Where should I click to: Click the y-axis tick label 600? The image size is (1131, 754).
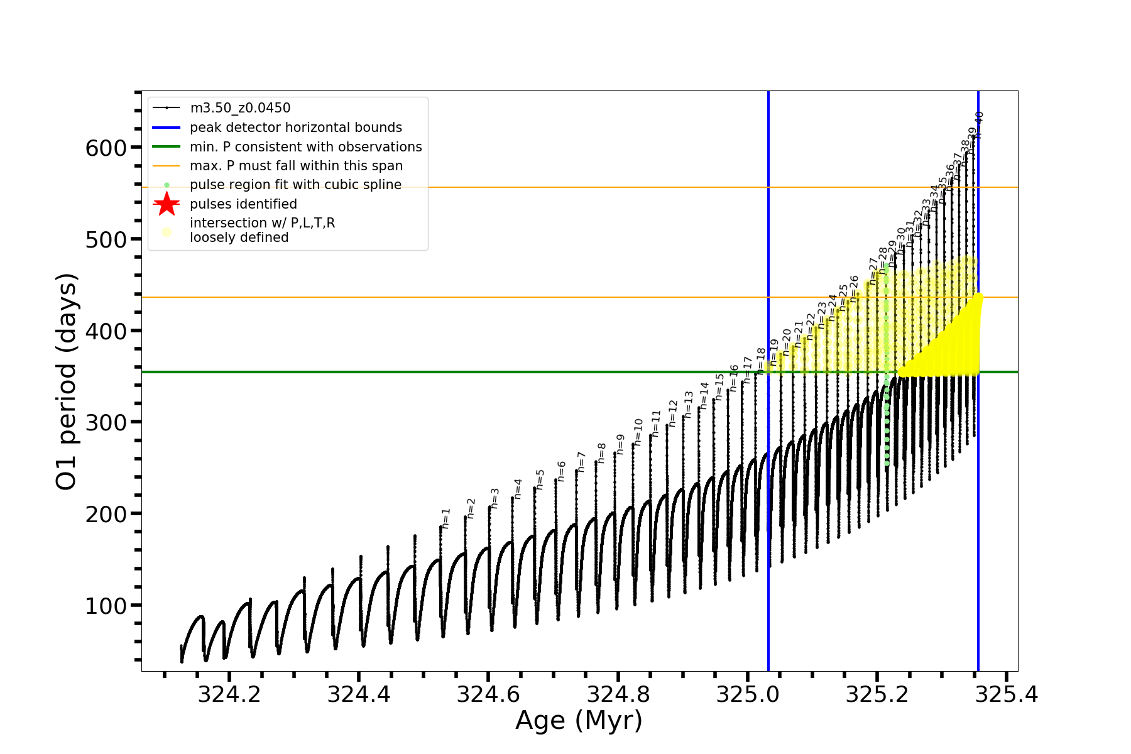point(106,148)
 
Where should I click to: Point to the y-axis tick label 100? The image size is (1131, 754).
point(106,606)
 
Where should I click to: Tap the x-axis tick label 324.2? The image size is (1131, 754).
point(229,694)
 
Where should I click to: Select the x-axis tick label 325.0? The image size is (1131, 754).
point(748,694)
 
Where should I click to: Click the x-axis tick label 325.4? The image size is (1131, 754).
point(1007,694)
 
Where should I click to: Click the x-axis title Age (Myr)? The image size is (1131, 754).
point(579,721)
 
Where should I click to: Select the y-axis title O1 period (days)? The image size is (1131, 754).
point(66,381)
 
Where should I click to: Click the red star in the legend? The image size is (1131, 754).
point(167,204)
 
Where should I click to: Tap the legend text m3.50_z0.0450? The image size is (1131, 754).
point(240,108)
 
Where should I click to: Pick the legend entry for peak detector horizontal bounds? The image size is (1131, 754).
point(295,128)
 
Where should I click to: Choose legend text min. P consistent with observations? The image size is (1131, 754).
point(305,147)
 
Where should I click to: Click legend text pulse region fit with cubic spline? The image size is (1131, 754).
point(295,185)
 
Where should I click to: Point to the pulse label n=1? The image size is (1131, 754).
point(446,518)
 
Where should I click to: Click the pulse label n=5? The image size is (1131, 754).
point(540,479)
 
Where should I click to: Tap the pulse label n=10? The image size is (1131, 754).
point(638,432)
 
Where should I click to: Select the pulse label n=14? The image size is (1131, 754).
point(704,395)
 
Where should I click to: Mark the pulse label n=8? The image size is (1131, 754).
point(602,453)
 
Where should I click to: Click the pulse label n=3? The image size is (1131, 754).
point(495,498)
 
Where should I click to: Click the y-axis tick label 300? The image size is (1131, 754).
point(106,423)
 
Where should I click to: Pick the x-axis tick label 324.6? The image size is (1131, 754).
point(488,694)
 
